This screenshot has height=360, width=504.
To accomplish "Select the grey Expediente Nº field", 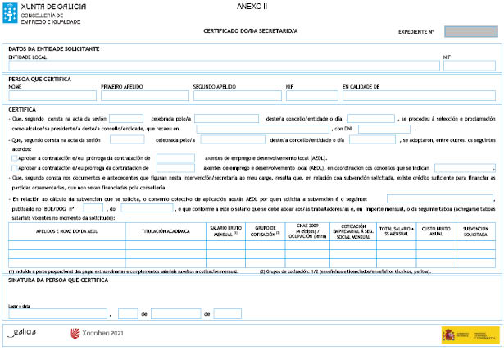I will tap(471, 32).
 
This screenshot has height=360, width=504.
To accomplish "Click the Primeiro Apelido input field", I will tap(144, 95).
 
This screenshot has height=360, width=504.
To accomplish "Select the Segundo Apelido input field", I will tap(237, 95).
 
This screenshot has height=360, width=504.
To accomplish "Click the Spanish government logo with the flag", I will tap(470, 334).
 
